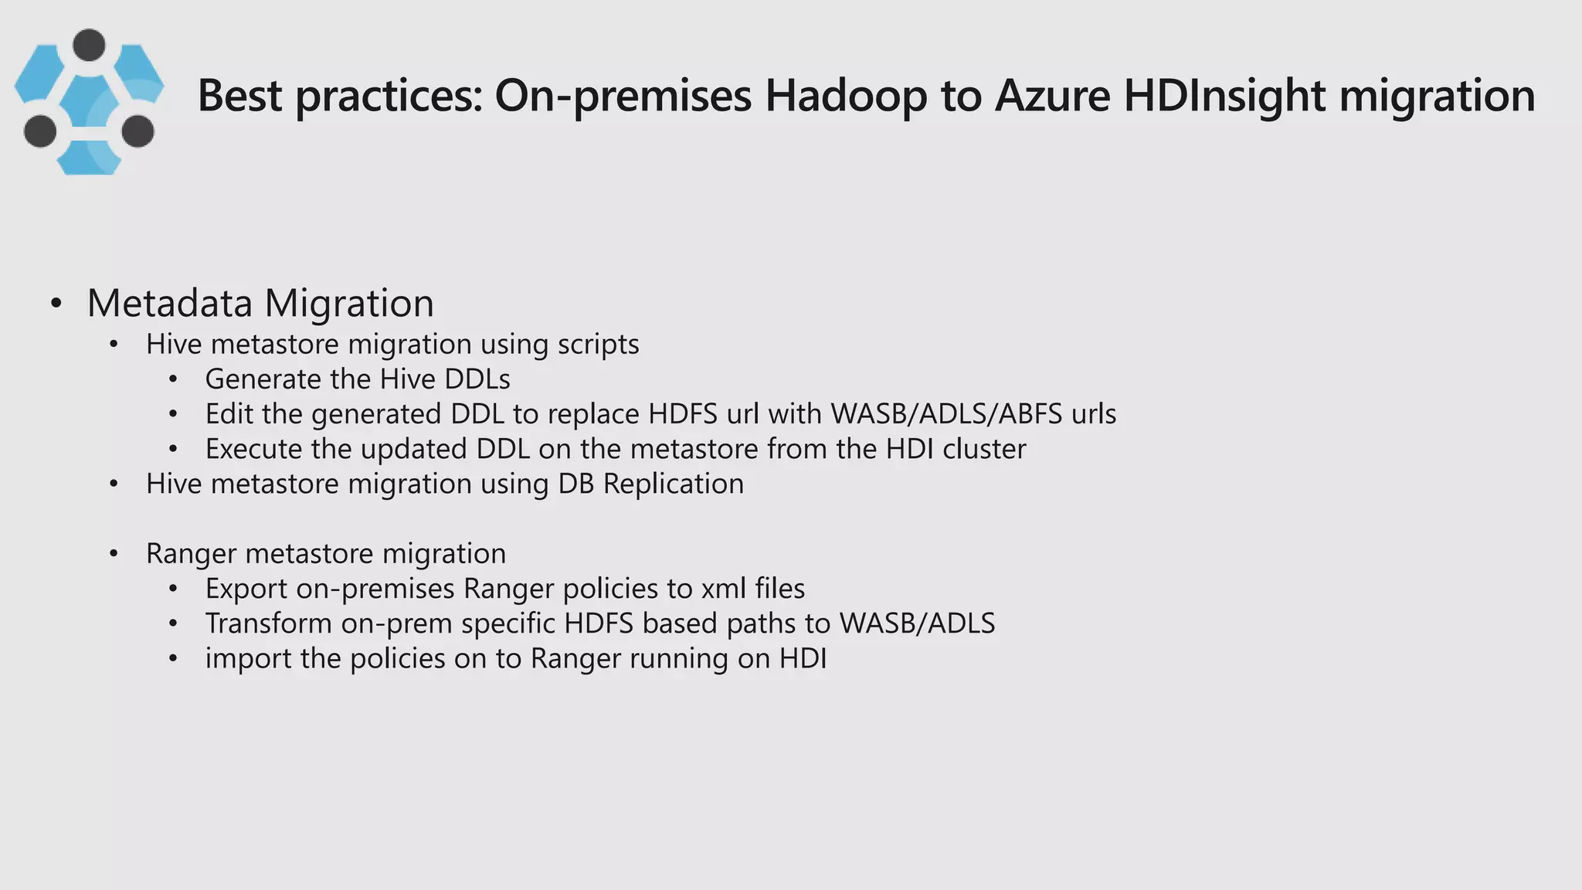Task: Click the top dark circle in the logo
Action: [x=89, y=45]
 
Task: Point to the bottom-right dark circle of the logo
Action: [x=138, y=131]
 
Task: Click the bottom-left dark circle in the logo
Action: [x=40, y=131]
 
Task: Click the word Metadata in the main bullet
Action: [x=170, y=303]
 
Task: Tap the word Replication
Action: [x=673, y=484]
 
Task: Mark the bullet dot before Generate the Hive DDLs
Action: [x=173, y=380]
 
